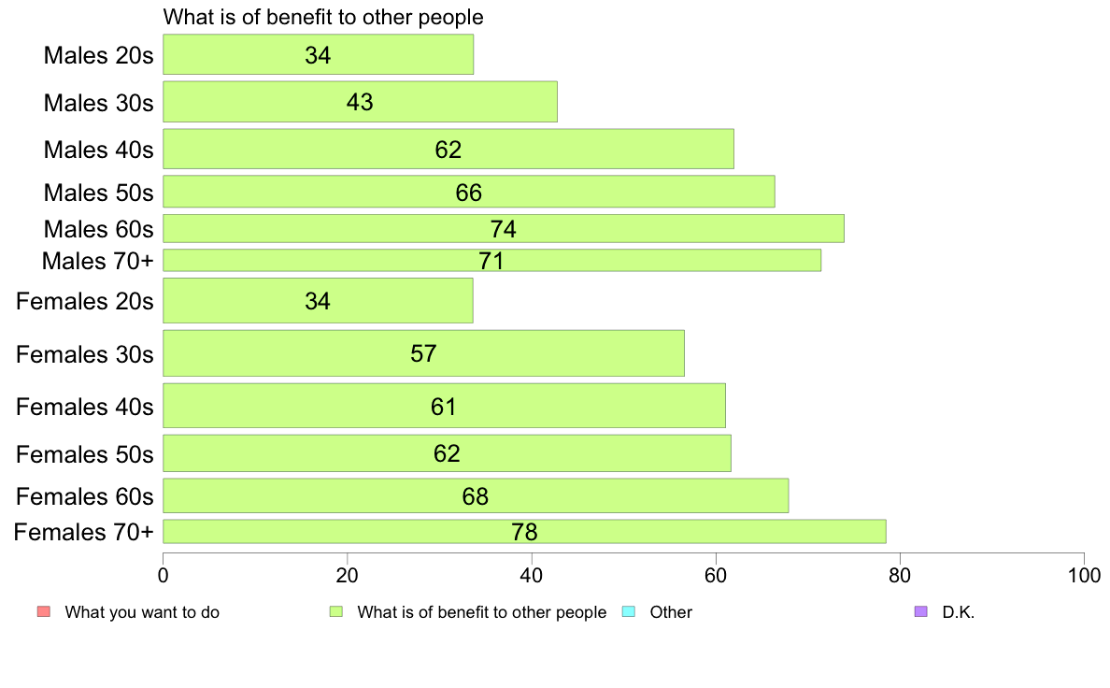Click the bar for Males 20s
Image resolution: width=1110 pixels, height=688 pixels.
coord(318,54)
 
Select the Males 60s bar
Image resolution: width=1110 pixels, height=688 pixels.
coord(504,229)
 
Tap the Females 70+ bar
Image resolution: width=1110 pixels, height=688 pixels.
coord(524,531)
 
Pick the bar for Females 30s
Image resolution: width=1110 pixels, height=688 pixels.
coord(423,352)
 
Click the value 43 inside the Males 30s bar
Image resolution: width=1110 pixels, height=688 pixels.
coord(360,102)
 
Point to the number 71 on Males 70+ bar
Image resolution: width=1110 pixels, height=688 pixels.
coord(491,261)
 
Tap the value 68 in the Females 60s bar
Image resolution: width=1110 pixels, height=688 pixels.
coord(475,496)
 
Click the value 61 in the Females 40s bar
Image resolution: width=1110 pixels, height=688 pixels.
coord(443,407)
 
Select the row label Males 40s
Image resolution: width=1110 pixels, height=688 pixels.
coord(98,150)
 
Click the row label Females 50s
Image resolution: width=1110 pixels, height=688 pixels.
coord(84,454)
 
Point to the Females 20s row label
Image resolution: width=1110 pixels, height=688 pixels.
coord(84,301)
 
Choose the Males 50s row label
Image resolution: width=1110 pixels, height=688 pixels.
coord(98,193)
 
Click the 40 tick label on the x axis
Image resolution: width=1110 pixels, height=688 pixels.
coord(531,575)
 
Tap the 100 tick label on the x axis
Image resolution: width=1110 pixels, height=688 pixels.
coord(1084,575)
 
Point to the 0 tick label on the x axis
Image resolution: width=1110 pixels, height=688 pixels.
coord(164,575)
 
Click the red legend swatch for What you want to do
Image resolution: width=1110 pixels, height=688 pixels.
coord(44,611)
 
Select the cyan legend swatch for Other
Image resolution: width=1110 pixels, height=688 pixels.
coord(629,611)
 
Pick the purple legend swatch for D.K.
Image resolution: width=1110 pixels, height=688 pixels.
coord(921,611)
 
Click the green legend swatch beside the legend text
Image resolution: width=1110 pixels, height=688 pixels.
coord(336,611)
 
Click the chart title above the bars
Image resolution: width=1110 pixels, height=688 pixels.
coord(323,17)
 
